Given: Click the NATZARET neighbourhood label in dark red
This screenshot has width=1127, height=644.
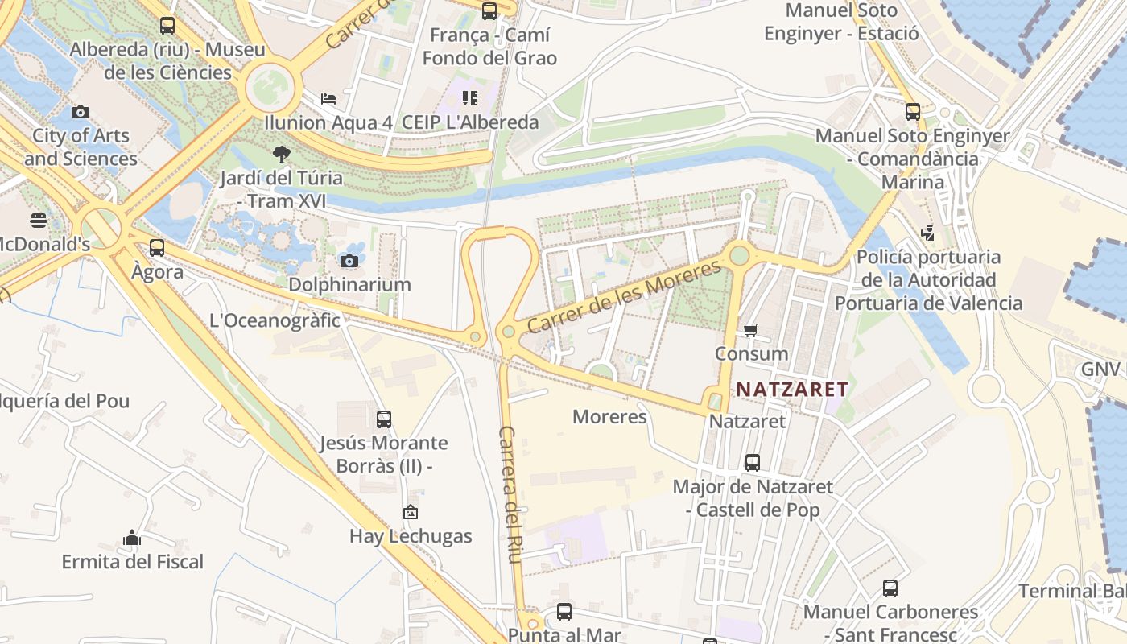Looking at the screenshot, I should pyautogui.click(x=792, y=390).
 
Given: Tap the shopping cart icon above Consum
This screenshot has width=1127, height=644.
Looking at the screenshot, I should pyautogui.click(x=751, y=330).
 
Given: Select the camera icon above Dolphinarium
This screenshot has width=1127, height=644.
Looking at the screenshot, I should pyautogui.click(x=349, y=261).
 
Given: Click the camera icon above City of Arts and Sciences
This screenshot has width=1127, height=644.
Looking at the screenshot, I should pyautogui.click(x=80, y=113).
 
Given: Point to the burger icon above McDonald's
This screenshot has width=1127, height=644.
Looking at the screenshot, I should pyautogui.click(x=39, y=220).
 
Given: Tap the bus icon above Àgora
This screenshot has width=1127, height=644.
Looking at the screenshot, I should pyautogui.click(x=157, y=248).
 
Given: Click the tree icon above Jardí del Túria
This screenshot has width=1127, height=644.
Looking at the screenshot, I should pyautogui.click(x=281, y=154).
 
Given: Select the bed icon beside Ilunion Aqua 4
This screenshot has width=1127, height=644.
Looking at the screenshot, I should pyautogui.click(x=328, y=99).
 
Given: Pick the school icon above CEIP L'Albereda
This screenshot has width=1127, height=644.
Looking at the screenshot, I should pyautogui.click(x=470, y=98).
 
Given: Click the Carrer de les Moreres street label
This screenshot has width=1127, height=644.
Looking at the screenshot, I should pyautogui.click(x=625, y=297).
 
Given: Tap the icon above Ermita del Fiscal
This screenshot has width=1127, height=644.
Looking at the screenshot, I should pyautogui.click(x=132, y=538).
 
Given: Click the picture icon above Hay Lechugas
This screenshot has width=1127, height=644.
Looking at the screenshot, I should pyautogui.click(x=411, y=512).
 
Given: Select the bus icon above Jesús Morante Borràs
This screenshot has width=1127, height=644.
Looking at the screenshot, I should pyautogui.click(x=384, y=419).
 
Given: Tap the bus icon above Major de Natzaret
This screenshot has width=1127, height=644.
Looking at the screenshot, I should pyautogui.click(x=752, y=463).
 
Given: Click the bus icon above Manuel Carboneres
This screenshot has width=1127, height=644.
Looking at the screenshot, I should pyautogui.click(x=890, y=588).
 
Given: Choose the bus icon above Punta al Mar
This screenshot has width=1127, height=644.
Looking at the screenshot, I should pyautogui.click(x=563, y=612).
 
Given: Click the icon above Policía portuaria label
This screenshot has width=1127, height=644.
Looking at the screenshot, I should pyautogui.click(x=927, y=233).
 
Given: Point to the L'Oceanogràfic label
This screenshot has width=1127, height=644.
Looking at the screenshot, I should pyautogui.click(x=275, y=320).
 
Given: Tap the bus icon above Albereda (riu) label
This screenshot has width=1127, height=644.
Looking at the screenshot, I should pyautogui.click(x=167, y=26).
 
